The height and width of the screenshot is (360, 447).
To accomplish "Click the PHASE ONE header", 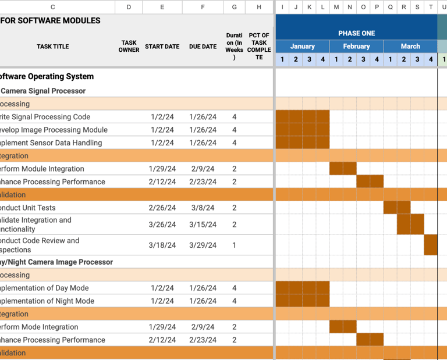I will (356, 33).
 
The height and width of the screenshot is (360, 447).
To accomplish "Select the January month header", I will (302, 47).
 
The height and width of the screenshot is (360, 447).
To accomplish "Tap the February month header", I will (356, 47).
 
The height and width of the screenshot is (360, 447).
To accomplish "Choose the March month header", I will (410, 47).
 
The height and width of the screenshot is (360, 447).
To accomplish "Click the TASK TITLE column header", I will (52, 47).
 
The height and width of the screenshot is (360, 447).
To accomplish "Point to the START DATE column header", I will (162, 47).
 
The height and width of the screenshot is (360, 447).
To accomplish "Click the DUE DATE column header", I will (203, 47).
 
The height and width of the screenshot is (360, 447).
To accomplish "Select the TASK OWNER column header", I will (129, 47).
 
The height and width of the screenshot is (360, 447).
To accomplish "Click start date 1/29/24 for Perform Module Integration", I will (162, 169).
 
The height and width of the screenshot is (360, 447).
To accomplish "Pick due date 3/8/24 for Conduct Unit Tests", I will (203, 208).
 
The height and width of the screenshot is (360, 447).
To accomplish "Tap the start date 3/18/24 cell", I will (162, 245).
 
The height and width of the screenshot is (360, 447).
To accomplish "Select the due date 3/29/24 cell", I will (203, 245).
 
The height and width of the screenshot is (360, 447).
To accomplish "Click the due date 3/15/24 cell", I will (203, 224).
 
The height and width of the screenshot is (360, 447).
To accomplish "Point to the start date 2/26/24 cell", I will (162, 208).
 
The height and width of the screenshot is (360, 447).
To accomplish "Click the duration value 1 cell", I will (235, 245).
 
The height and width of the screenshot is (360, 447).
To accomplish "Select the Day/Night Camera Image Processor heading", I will (56, 262).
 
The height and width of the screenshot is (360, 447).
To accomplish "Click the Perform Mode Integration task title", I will (40, 327).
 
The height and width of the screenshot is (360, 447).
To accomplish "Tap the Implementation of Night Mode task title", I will (45, 301).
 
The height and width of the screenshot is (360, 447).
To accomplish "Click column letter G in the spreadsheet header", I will (235, 7).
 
